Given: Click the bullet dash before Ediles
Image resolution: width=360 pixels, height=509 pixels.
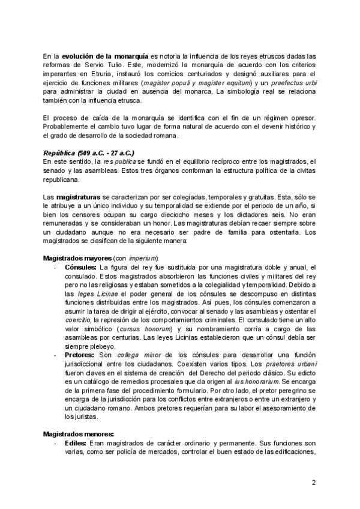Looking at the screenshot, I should tap(55, 444).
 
